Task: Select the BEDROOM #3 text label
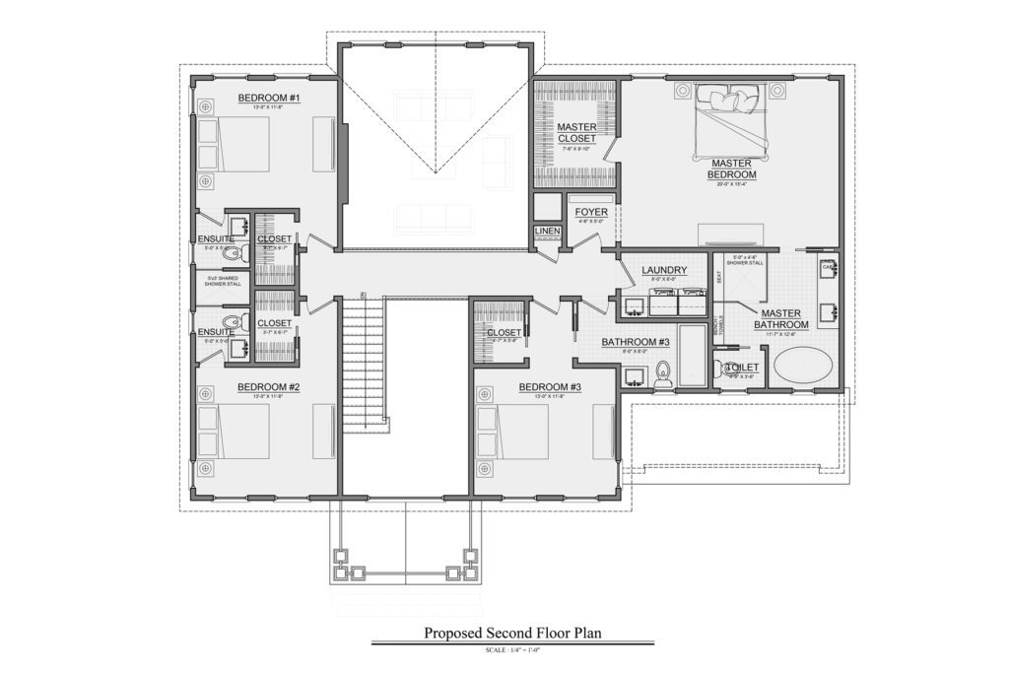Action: click(550, 387)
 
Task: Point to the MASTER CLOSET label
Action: click(576, 133)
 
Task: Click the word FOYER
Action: click(591, 211)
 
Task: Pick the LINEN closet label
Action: click(547, 232)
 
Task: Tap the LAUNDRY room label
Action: click(662, 270)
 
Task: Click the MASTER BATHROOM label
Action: click(781, 318)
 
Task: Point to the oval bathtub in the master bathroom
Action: click(802, 368)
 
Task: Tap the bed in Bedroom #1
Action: click(234, 145)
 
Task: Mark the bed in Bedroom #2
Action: click(234, 432)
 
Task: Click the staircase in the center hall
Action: click(364, 365)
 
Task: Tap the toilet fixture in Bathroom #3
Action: click(662, 371)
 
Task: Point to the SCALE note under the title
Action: click(512, 650)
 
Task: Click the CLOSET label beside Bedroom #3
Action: click(504, 332)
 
